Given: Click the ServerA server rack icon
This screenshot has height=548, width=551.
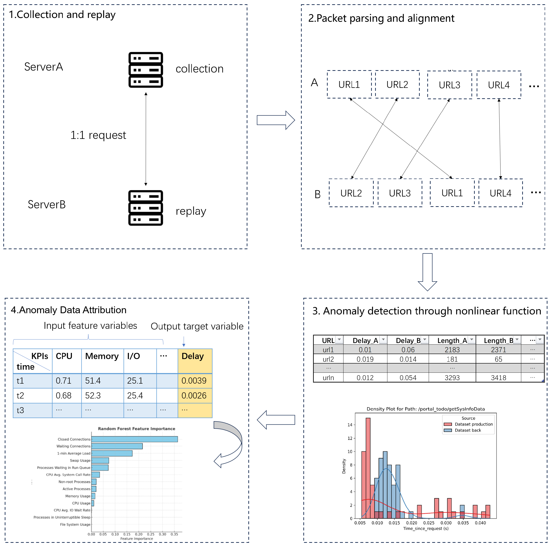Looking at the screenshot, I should [x=145, y=70].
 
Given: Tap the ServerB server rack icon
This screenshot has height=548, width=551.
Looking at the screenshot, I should [x=145, y=208].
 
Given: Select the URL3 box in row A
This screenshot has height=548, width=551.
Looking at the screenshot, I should [x=449, y=85].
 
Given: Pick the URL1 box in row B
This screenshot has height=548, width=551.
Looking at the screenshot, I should [x=452, y=193].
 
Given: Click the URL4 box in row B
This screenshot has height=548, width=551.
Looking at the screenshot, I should [x=500, y=193].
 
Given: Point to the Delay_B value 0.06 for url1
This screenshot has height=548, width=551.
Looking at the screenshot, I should [x=408, y=350].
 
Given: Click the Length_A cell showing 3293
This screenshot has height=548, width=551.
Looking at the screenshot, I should [x=452, y=378].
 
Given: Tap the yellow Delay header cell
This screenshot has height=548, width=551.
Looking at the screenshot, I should [x=195, y=361].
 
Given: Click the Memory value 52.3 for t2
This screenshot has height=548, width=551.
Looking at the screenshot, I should [x=93, y=395].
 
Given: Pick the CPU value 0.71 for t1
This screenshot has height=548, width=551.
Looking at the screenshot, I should [x=64, y=381].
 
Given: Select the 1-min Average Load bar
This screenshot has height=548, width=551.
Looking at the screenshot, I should [x=112, y=453].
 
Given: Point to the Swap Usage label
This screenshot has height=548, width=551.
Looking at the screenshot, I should [x=80, y=460].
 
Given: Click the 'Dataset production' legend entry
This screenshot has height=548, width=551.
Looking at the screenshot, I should [x=473, y=424].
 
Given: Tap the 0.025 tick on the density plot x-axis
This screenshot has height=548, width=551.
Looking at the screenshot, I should [x=429, y=523].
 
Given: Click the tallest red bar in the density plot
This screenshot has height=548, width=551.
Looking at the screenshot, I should [x=368, y=468].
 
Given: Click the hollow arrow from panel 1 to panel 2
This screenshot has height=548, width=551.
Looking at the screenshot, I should [x=275, y=120].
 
